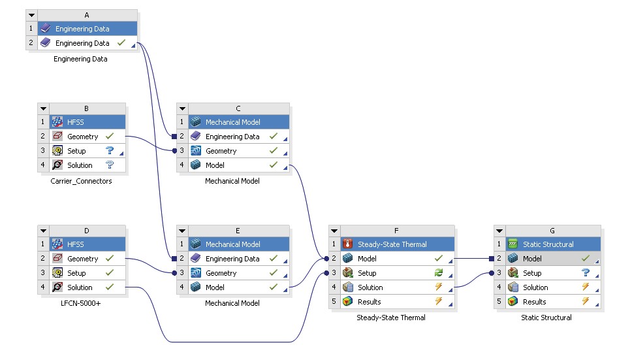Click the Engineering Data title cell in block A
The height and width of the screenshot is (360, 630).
(82, 29)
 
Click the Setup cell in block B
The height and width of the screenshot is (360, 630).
(76, 151)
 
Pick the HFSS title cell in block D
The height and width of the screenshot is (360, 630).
(76, 244)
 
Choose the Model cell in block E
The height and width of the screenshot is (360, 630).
(215, 287)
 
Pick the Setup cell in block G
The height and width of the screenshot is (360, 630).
(532, 273)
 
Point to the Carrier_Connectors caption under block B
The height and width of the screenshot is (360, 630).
(81, 181)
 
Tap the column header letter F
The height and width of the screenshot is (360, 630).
(397, 231)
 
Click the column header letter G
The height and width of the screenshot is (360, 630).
(552, 231)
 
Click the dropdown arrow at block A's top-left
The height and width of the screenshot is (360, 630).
(31, 15)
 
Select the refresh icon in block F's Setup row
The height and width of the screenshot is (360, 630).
(439, 273)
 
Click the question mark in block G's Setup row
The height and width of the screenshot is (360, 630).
(586, 273)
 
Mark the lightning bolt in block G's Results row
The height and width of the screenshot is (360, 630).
(586, 302)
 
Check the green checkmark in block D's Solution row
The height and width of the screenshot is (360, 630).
(110, 287)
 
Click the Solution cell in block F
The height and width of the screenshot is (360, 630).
(370, 287)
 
